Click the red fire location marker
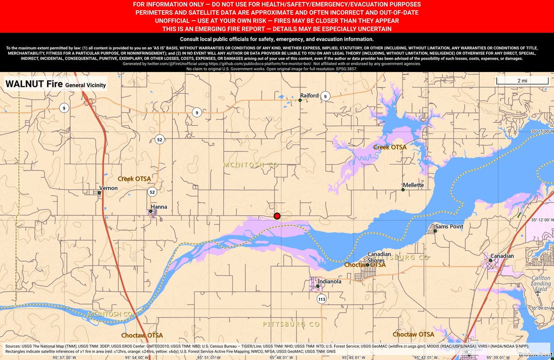click(277, 216)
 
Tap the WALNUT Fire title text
click(33, 84)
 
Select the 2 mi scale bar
click(522, 81)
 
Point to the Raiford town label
click(309, 96)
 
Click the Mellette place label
click(413, 185)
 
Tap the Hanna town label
click(159, 207)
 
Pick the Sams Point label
click(449, 227)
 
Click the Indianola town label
click(330, 281)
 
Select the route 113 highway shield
click(321, 300)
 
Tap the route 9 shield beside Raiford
click(325, 96)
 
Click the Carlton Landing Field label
click(541, 284)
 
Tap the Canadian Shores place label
click(379, 257)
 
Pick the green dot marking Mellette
click(403, 190)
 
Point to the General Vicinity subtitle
click(85, 85)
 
